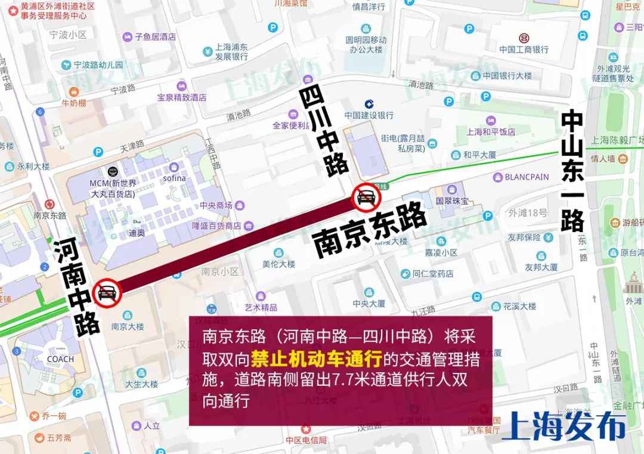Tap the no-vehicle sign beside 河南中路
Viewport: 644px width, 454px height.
point(107,292)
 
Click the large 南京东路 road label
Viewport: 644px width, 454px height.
point(370,230)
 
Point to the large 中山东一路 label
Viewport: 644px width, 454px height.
point(572,171)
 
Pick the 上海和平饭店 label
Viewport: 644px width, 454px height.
point(490,132)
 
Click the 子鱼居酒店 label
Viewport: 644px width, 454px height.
point(155,36)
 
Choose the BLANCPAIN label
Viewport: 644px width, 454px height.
point(527,177)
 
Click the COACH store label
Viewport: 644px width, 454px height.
point(60,359)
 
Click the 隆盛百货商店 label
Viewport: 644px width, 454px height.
point(216,226)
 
